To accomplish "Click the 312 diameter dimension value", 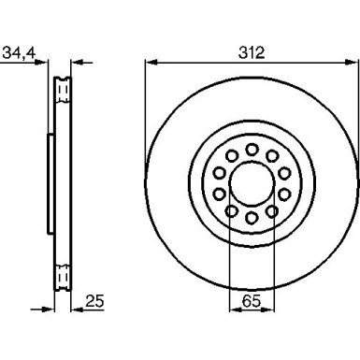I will tap(251, 52).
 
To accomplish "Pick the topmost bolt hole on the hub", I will tap(252, 147).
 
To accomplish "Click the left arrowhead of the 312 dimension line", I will tap(151, 63).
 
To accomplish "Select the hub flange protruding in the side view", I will tap(49, 182).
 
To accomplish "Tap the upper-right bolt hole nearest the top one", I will tap(272, 155).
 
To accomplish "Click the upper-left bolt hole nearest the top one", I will tap(231, 155).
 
